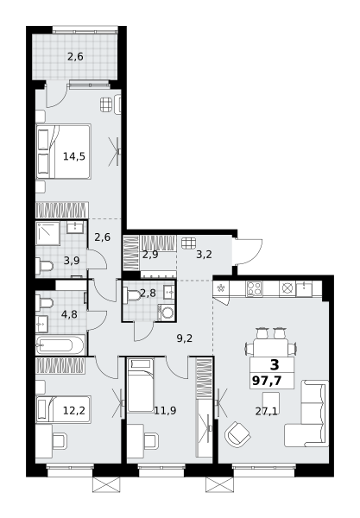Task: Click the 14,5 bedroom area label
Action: click(74, 156)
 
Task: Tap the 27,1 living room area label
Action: click(266, 411)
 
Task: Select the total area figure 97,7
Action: click(267, 381)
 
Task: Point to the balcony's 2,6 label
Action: click(75, 57)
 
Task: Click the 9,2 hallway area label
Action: click(185, 338)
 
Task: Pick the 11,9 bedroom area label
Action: click(165, 411)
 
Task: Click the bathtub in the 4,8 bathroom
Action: click(60, 345)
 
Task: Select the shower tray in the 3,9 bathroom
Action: click(47, 234)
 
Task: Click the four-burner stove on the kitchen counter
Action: click(254, 288)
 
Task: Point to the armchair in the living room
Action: click(237, 434)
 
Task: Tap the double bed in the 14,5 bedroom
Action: click(63, 152)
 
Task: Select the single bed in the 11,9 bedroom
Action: click(141, 385)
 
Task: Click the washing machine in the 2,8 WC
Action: click(167, 313)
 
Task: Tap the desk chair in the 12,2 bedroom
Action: click(60, 441)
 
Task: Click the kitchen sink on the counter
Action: click(304, 289)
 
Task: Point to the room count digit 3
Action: click(275, 364)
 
